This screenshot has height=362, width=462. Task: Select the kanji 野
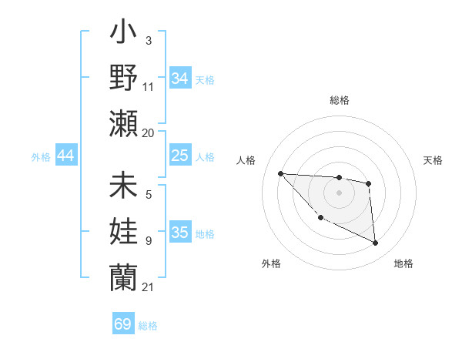point(123,77)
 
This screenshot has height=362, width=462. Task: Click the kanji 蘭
point(123,274)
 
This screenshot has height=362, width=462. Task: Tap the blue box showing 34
point(179,79)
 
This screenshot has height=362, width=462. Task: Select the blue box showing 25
point(179,156)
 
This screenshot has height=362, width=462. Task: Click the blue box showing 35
point(179,233)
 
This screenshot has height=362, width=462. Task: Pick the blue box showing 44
point(65,156)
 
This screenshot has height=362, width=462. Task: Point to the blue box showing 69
point(123,324)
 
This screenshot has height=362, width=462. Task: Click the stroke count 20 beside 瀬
point(149,132)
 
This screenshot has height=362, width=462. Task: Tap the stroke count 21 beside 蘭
point(149,287)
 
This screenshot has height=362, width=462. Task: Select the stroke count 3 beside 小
point(148,39)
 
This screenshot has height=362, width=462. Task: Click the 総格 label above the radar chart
point(339,100)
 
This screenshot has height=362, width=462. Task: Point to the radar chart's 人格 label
point(247,160)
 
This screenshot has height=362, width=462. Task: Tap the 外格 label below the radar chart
point(271,263)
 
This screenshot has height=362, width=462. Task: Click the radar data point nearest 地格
point(376,243)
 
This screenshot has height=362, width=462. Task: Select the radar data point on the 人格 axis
point(280,173)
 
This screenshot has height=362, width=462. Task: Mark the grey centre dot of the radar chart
point(339,193)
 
